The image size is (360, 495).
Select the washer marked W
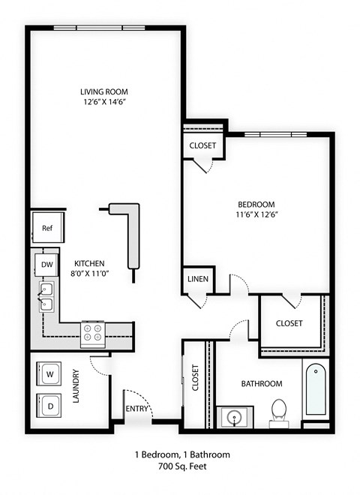[x=49, y=373]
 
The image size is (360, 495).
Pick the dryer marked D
[x=49, y=405]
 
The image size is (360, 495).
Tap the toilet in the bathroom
[x=280, y=411]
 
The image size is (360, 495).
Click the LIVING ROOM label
[x=102, y=92]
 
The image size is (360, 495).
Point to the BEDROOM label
[x=256, y=204]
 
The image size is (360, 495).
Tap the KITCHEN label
[x=88, y=263]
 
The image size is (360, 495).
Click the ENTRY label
[x=137, y=409]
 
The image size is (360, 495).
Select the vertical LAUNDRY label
[x=76, y=386]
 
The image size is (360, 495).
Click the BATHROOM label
[x=261, y=384]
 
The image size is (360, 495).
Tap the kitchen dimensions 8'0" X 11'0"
[x=88, y=274]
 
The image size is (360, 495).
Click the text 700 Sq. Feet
[x=181, y=466]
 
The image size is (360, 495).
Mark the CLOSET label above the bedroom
[x=202, y=145]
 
